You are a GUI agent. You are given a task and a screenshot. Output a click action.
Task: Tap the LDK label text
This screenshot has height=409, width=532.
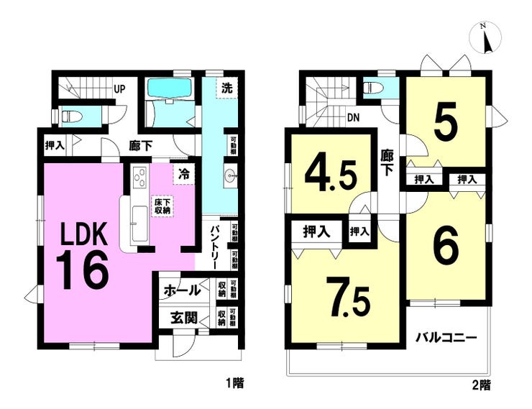83,235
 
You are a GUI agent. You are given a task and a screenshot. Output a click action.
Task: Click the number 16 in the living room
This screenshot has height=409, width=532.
83,270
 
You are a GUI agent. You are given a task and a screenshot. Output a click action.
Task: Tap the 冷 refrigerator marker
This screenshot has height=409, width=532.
185,174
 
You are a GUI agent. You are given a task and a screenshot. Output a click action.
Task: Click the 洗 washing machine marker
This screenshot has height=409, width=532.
226,89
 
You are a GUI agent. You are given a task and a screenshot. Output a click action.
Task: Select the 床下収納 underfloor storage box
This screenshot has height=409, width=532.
161,206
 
